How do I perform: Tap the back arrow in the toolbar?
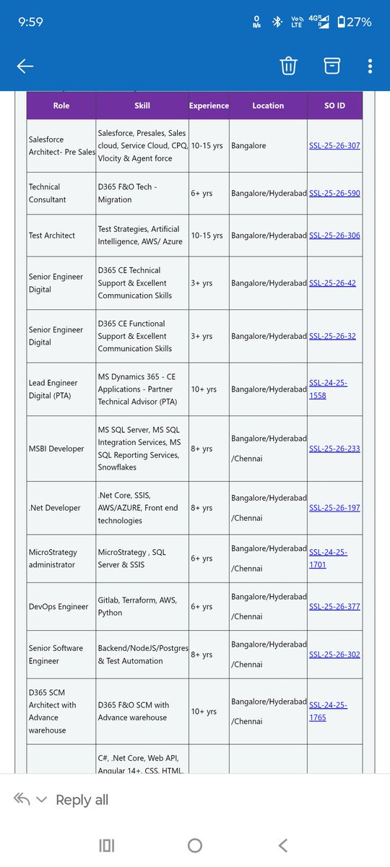point(25,66)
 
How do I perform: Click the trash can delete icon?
point(288,66)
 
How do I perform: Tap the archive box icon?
point(331,66)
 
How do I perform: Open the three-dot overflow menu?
point(370,66)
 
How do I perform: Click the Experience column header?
point(209,105)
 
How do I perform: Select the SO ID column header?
point(334,105)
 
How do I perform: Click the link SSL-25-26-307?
point(334,146)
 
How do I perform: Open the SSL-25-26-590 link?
point(334,194)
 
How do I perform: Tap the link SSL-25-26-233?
point(334,449)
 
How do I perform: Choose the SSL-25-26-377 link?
point(334,607)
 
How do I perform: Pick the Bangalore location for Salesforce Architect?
point(248,146)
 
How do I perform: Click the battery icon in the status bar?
point(342,22)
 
